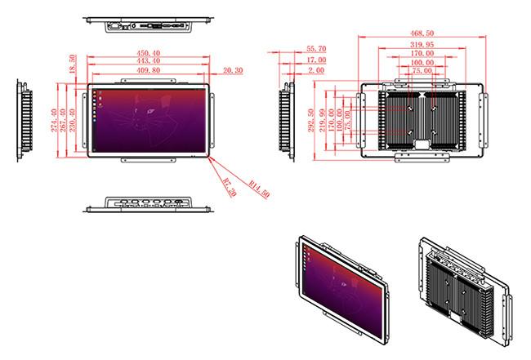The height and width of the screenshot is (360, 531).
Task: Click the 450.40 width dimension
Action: coord(149,53)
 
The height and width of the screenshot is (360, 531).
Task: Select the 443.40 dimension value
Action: coord(149,60)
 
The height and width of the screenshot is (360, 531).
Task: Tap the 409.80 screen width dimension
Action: coord(149,70)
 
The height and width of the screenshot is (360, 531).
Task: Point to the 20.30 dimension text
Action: coord(233,70)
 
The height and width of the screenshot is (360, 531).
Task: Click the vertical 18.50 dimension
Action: coord(72,64)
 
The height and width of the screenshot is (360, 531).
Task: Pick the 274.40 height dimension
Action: coord(54,120)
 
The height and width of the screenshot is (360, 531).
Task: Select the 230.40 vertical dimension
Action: coord(73,120)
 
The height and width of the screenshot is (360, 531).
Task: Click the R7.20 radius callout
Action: coord(230,188)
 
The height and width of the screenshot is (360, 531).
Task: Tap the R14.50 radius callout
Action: coord(259,189)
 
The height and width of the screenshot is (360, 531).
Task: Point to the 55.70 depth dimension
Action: coord(316,49)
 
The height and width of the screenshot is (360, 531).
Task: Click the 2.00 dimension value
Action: coord(316,70)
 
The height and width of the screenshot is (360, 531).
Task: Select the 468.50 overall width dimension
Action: coord(422,33)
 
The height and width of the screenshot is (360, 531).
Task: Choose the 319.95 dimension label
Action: coord(422,44)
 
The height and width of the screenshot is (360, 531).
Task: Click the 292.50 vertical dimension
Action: coord(311,120)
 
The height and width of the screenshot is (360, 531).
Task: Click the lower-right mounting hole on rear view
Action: coord(435,132)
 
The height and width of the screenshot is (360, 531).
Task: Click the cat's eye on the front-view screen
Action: coord(151,111)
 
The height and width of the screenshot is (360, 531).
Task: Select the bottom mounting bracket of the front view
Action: coord(149,160)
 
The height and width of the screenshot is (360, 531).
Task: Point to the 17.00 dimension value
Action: coord(316,60)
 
